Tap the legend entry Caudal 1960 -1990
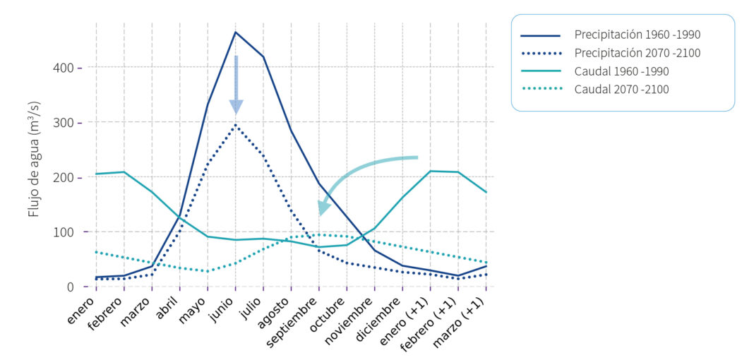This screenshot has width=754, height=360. tap(621, 71)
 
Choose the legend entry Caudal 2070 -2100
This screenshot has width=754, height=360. tap(621, 90)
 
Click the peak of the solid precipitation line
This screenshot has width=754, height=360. tap(236, 32)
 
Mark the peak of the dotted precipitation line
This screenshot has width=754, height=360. tap(236, 125)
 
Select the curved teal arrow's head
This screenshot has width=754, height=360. tap(324, 207)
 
